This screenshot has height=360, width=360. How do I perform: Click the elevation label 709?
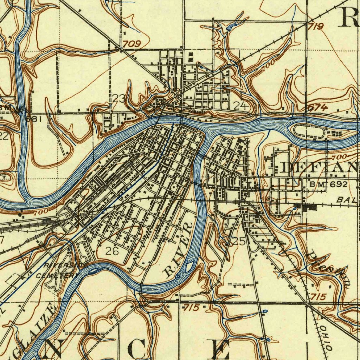[x=132, y=44]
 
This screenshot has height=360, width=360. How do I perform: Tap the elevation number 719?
[x=315, y=26]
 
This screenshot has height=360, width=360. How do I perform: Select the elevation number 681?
[x=34, y=119]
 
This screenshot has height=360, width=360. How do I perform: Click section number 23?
[x=119, y=99]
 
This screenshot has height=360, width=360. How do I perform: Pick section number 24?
[x=241, y=105]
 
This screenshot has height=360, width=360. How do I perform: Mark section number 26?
[x=112, y=251]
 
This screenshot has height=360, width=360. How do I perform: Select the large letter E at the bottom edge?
[x=218, y=349]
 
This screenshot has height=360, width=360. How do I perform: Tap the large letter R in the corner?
[x=348, y=18]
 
